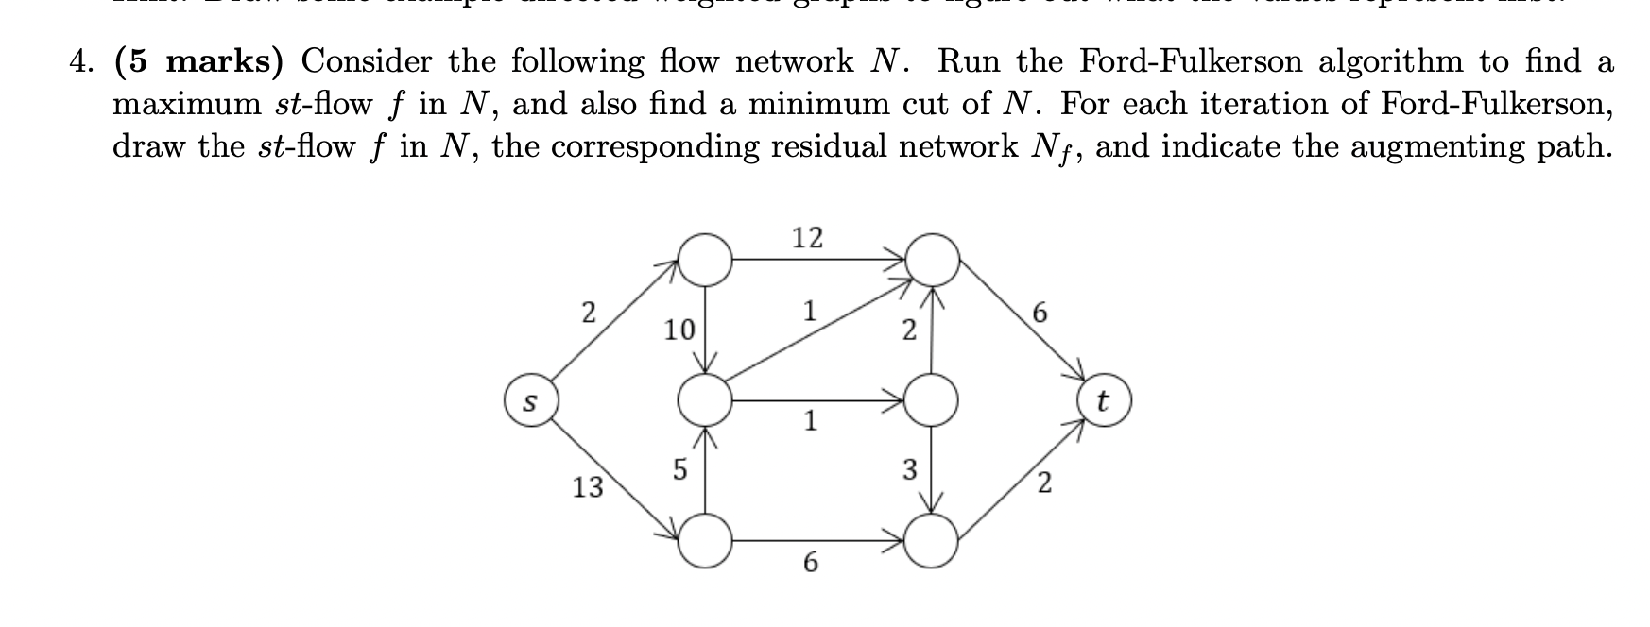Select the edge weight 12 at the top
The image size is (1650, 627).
(807, 237)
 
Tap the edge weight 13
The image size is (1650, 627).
(588, 487)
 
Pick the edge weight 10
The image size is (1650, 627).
(679, 330)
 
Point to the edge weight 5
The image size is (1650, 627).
(679, 469)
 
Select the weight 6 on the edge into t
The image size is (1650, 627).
(1040, 313)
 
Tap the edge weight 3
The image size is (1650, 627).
(909, 469)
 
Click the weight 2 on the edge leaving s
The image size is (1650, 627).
(587, 313)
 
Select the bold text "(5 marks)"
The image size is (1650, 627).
(198, 62)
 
